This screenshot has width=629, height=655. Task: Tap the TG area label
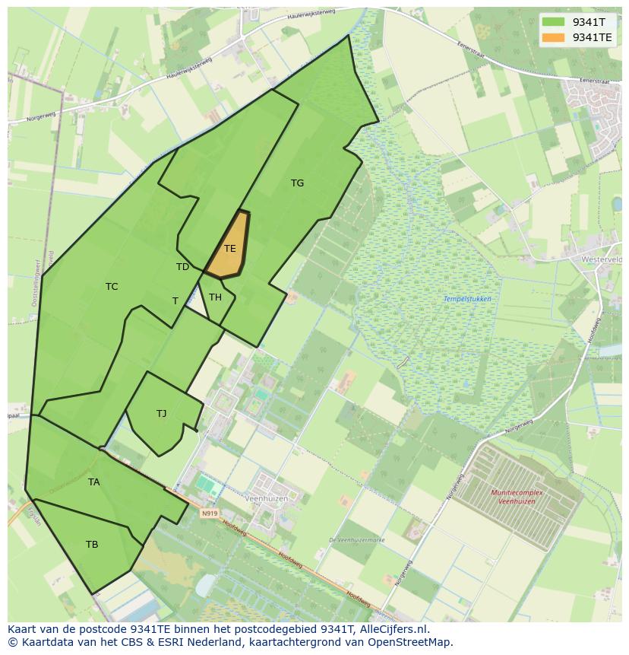[x=297, y=183]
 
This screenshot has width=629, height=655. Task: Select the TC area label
[x=112, y=287]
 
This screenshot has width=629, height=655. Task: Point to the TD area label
[x=182, y=267]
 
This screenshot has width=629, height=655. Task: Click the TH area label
[x=215, y=297]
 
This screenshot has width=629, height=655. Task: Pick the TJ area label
[x=161, y=414]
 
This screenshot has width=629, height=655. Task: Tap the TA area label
[x=93, y=482]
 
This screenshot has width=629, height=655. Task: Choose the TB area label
[x=92, y=545]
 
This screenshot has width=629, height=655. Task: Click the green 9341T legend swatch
[x=554, y=21]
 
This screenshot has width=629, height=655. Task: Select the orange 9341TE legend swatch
[x=554, y=37]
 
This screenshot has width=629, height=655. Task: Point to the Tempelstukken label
[x=467, y=299]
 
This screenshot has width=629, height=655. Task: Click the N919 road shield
[x=210, y=514]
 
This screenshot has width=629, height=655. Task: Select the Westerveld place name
[x=602, y=259]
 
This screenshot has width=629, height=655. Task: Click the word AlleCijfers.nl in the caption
[x=391, y=629]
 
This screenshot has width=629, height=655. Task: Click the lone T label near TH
[x=175, y=301]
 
